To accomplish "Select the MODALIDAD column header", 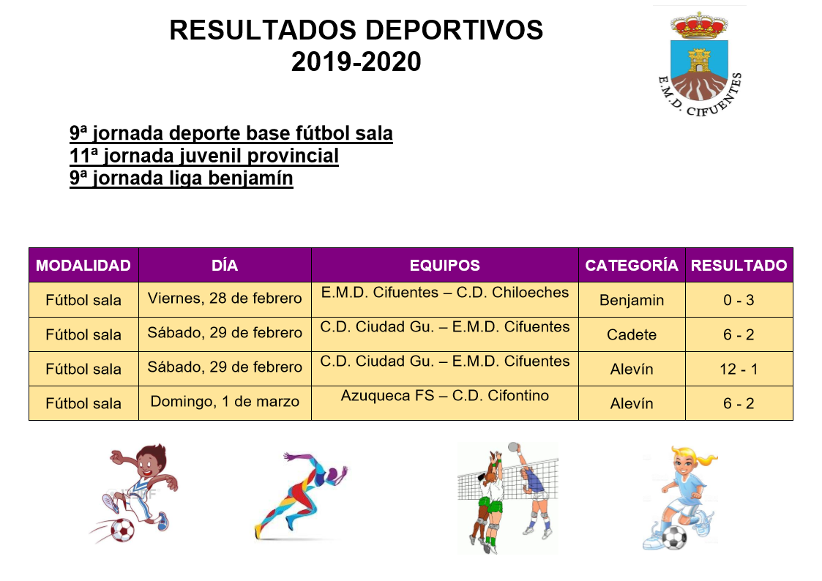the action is pyautogui.click(x=83, y=265).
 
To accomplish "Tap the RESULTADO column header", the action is pyautogui.click(x=739, y=265).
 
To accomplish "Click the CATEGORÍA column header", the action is pyautogui.click(x=632, y=265).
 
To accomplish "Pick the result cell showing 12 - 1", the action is pyautogui.click(x=739, y=369).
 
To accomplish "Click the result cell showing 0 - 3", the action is pyautogui.click(x=739, y=300).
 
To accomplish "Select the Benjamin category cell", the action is pyautogui.click(x=632, y=300).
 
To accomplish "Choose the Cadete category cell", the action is pyautogui.click(x=632, y=334).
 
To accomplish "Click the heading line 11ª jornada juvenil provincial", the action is pyautogui.click(x=204, y=156).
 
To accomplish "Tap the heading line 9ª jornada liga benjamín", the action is pyautogui.click(x=182, y=178).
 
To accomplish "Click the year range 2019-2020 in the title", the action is pyautogui.click(x=356, y=61).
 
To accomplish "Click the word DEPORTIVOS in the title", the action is pyautogui.click(x=454, y=30).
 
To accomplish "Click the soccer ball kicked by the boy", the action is pyautogui.click(x=122, y=530).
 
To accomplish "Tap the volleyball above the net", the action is pyautogui.click(x=513, y=447).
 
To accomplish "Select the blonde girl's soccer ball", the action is pyautogui.click(x=674, y=538).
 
